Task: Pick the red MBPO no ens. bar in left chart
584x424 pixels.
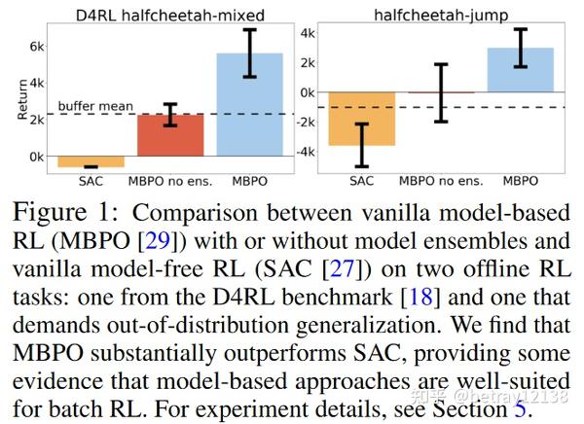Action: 169,135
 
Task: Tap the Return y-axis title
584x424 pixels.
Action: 20,101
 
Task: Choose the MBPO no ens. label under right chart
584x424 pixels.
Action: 440,181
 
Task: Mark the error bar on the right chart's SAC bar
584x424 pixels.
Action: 361,144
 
